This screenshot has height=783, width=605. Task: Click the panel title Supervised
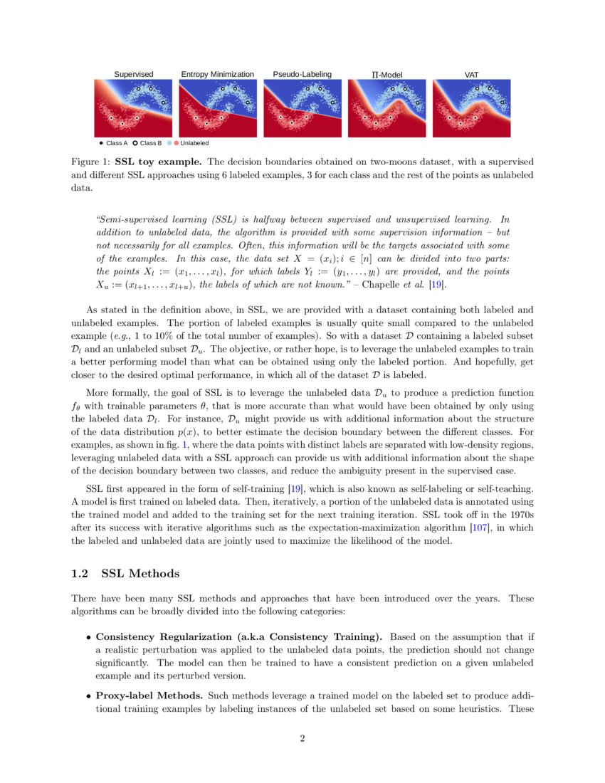[x=133, y=74]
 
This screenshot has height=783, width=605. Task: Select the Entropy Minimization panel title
[x=217, y=74]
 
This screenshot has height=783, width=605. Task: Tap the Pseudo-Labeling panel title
[x=302, y=74]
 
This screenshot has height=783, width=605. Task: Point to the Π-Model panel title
[x=386, y=74]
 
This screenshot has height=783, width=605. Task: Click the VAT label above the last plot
[x=471, y=74]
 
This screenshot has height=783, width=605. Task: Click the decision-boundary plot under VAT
[x=471, y=108]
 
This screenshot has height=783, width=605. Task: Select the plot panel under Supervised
[x=133, y=108]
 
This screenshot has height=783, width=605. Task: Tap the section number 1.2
[x=80, y=574]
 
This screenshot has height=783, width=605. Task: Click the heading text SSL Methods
[x=140, y=574]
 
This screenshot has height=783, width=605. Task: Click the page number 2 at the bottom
[x=302, y=738]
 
